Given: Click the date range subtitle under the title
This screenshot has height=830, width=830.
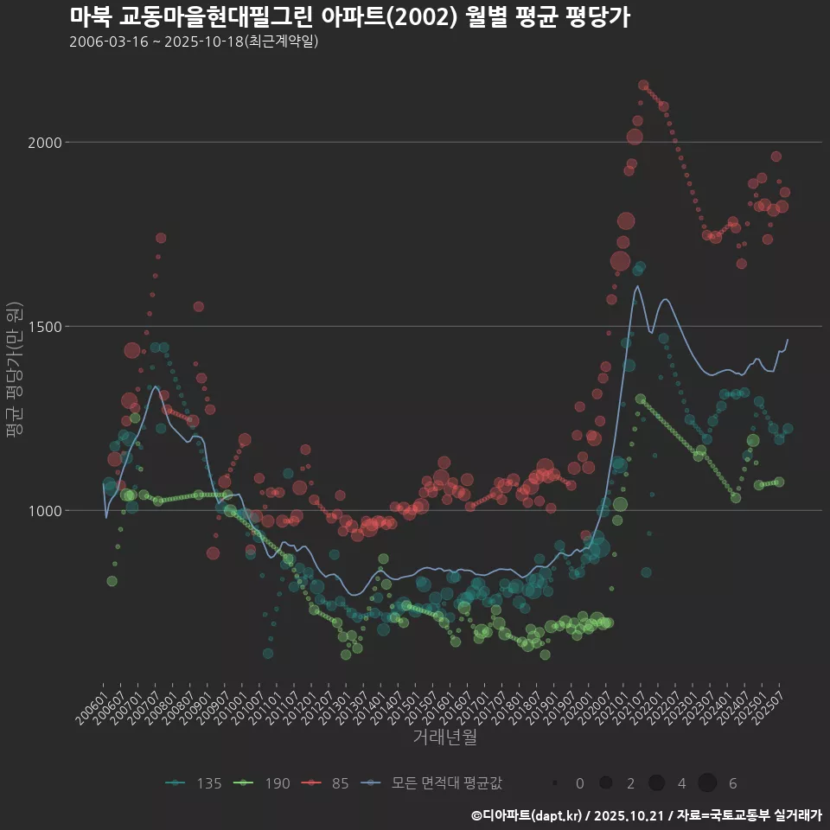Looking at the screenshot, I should (194, 41).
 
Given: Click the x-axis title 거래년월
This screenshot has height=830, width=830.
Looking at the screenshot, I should (444, 737).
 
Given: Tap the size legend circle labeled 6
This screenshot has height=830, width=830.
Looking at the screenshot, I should (707, 783).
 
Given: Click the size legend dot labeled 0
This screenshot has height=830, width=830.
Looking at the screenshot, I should (554, 783).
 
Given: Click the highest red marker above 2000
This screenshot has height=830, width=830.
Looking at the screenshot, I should (643, 85).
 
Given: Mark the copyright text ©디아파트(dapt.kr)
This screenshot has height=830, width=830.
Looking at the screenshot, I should (527, 815).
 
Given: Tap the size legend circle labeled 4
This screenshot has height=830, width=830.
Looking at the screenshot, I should (656, 783).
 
